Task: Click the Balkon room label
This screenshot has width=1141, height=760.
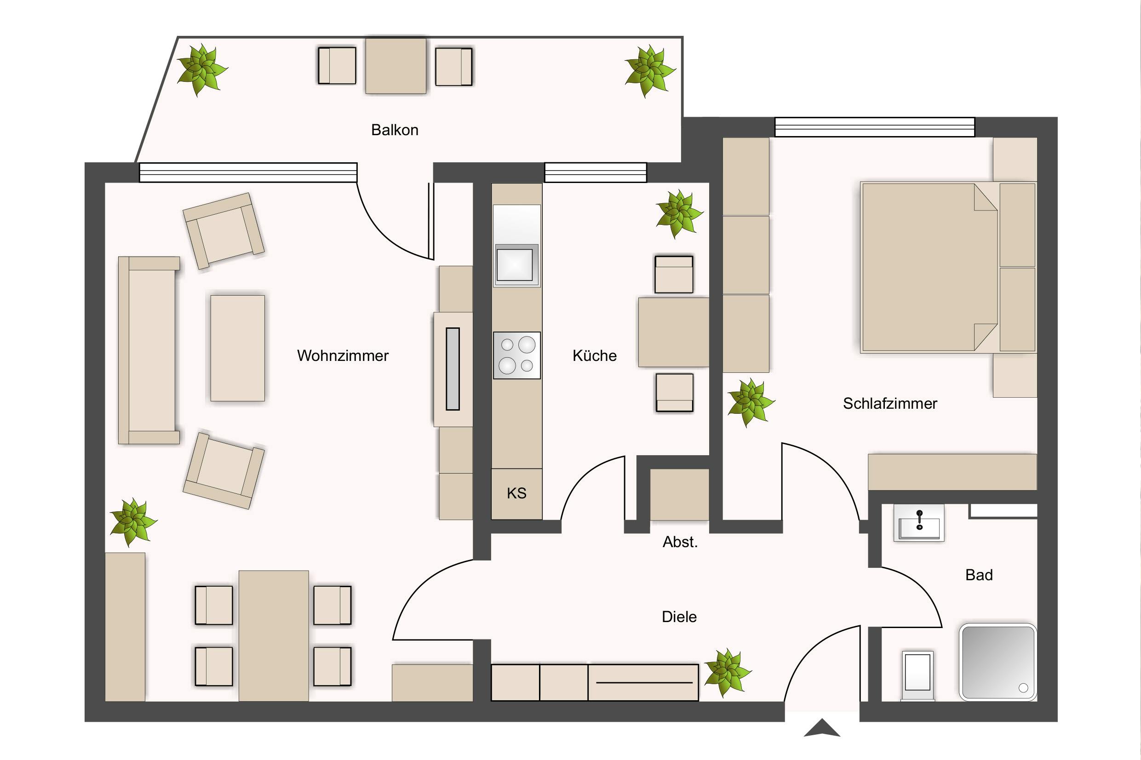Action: coord(395,130)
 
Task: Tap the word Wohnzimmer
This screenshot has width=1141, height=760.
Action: coord(343,356)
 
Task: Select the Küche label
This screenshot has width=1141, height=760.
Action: coord(594,356)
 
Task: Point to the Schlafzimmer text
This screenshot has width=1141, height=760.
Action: coord(890,403)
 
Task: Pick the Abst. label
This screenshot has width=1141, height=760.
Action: coord(680,542)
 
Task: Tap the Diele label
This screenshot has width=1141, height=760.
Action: coord(679,617)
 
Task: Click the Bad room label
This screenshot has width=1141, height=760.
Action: coord(979,575)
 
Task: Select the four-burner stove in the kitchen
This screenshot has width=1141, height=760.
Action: coord(517,355)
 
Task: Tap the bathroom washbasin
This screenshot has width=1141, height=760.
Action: coord(918,522)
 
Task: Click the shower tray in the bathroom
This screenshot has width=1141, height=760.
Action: coord(998,662)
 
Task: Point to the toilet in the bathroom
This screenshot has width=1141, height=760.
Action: coord(917,676)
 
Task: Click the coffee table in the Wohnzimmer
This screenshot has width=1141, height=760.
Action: coord(237,348)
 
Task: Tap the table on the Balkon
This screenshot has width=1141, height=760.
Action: coord(396,65)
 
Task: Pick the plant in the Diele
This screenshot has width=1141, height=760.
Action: coord(727,673)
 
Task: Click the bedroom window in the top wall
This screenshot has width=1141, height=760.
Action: coord(874,127)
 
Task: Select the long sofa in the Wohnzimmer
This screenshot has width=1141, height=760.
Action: coord(149,350)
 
